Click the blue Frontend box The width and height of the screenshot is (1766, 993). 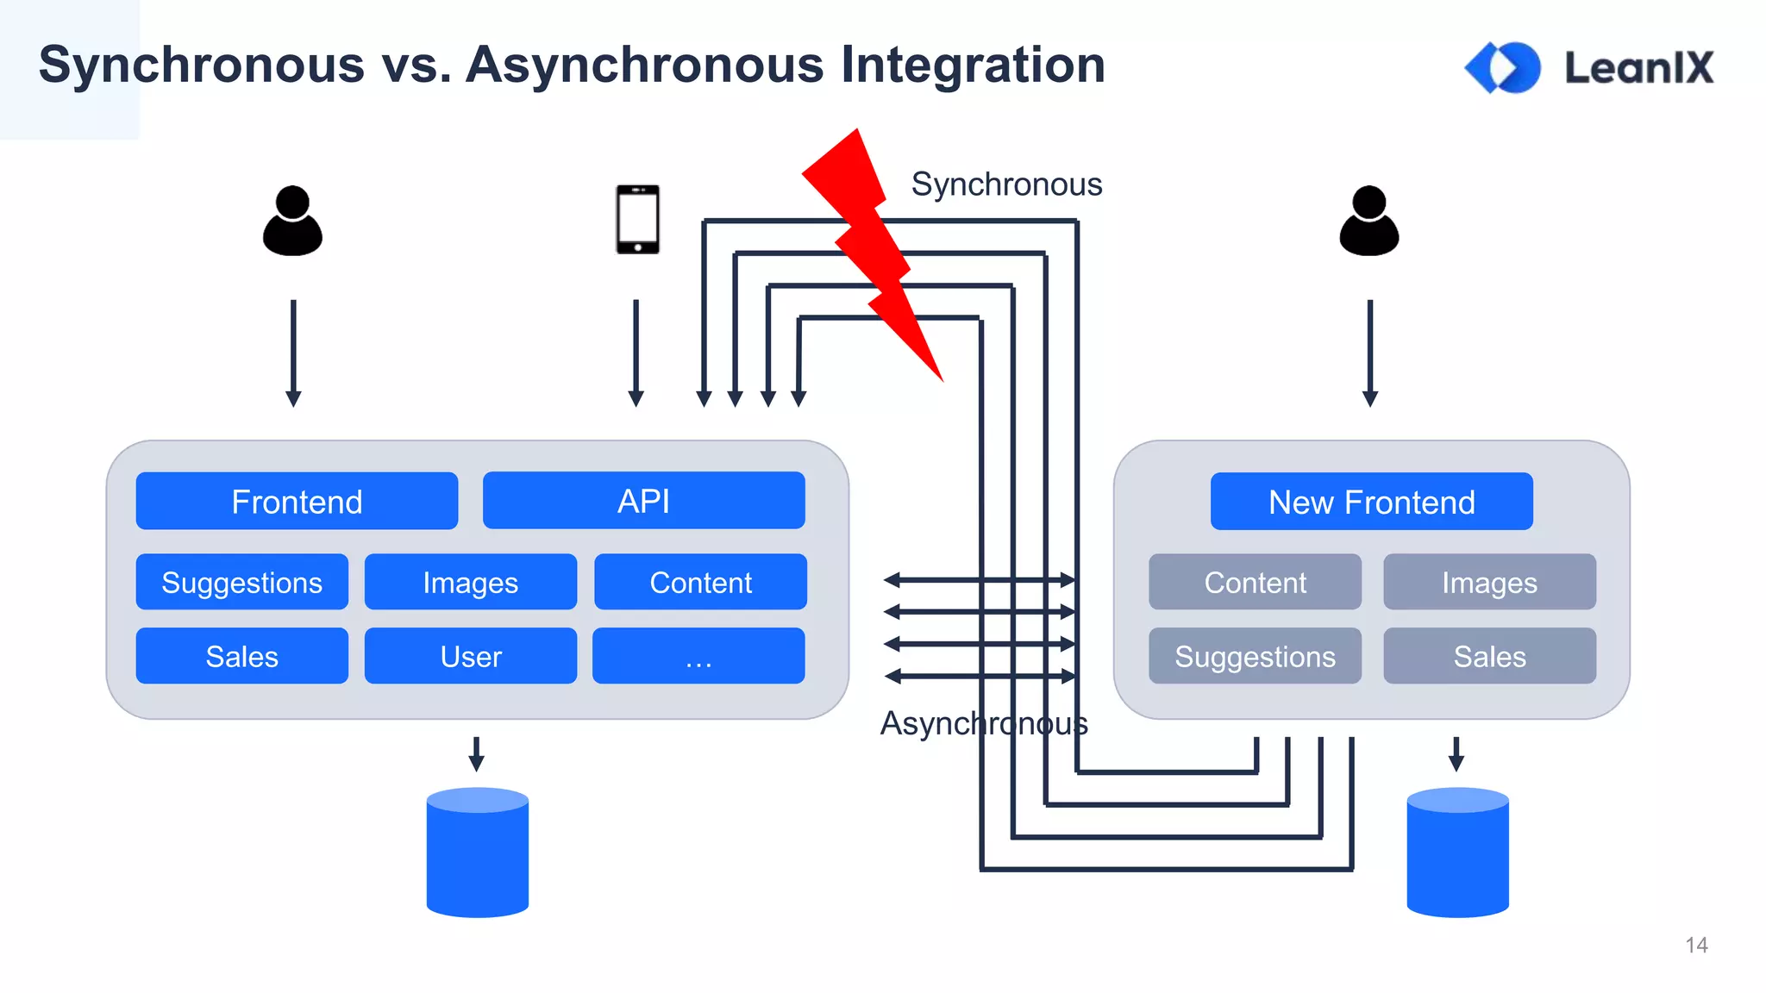point(297,501)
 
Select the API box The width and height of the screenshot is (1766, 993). point(643,500)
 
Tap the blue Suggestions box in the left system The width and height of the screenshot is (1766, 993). point(241,582)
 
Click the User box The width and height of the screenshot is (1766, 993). point(470,656)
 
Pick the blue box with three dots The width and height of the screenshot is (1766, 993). point(698,656)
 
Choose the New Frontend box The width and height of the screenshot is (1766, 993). point(1371,501)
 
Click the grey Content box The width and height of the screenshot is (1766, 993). point(1255,582)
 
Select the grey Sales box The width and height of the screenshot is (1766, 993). point(1489,656)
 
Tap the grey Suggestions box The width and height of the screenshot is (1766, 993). point(1255,656)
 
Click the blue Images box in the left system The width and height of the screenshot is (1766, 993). point(470,582)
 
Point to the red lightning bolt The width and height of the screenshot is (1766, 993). point(871,250)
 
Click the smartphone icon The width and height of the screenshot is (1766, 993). point(637,219)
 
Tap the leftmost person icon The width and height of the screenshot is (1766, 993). point(292,222)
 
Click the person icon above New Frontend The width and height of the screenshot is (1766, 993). point(1368,222)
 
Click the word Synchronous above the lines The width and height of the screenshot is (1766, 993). point(1006,184)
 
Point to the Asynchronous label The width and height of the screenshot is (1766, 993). point(983,723)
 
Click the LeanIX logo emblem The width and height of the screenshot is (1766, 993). point(1503,67)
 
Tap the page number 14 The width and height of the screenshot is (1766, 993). point(1696,945)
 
